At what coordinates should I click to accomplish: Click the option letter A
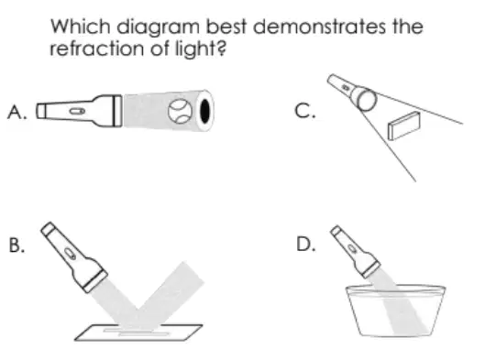(x=17, y=111)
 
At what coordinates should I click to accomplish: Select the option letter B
(x=17, y=245)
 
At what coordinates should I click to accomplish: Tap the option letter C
(x=305, y=111)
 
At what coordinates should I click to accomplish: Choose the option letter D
(x=305, y=244)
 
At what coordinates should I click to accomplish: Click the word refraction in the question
(x=98, y=49)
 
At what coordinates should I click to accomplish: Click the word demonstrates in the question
(x=320, y=27)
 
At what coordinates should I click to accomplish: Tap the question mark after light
(x=222, y=49)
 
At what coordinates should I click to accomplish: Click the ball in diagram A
(x=179, y=111)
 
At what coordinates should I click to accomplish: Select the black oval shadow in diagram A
(x=204, y=111)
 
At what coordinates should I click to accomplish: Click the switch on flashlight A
(x=77, y=111)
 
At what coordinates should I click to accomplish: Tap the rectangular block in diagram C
(x=404, y=125)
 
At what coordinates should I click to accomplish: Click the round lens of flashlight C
(x=367, y=99)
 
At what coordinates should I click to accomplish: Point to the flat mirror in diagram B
(x=138, y=333)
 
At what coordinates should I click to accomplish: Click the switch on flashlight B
(x=70, y=253)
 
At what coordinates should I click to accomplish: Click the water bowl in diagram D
(x=395, y=311)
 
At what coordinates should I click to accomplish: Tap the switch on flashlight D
(x=352, y=248)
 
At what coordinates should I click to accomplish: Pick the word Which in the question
(x=81, y=27)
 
